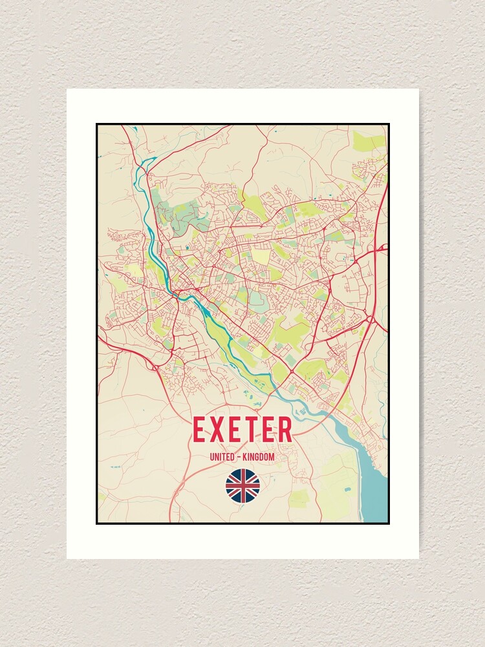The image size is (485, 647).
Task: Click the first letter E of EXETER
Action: pyautogui.click(x=200, y=430)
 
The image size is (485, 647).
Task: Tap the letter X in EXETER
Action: pyautogui.click(x=218, y=430)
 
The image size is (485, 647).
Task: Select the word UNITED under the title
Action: pyautogui.click(x=221, y=457)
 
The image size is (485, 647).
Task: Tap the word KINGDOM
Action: pyautogui.click(x=260, y=457)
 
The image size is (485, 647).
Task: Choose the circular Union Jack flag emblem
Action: pyautogui.click(x=242, y=486)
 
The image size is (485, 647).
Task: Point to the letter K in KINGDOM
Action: pyautogui.click(x=247, y=457)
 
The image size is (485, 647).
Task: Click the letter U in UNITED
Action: pyautogui.click(x=211, y=457)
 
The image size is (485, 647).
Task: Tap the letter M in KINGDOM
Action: pyautogui.click(x=272, y=457)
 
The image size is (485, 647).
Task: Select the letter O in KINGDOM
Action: pyautogui.click(x=268, y=457)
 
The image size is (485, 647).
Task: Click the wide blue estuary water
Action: pyautogui.click(x=373, y=492)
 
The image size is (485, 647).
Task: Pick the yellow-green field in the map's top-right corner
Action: pyautogui.click(x=369, y=141)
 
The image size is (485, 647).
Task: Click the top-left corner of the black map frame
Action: pyautogui.click(x=97, y=124)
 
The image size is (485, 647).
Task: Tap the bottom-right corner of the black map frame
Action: pyautogui.click(x=389, y=523)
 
